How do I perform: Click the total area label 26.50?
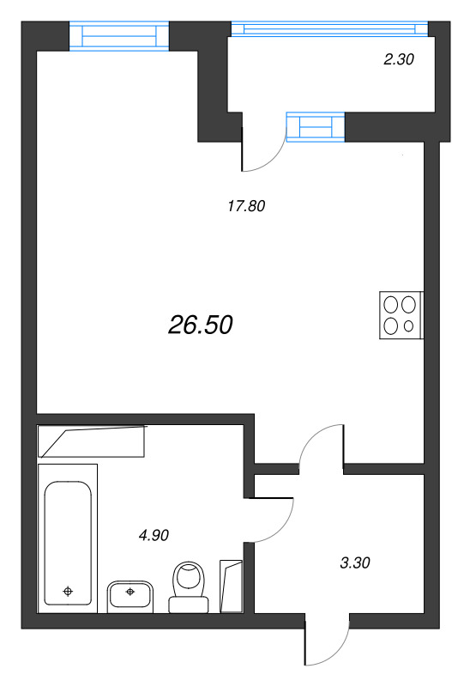(201, 325)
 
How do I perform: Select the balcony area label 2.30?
(398, 60)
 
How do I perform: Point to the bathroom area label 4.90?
(154, 535)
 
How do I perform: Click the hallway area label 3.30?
(355, 563)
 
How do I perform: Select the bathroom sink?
(130, 594)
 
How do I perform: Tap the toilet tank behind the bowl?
(189, 604)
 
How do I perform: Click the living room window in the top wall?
(118, 36)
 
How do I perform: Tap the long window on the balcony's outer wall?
(328, 29)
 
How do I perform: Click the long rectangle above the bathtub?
(92, 441)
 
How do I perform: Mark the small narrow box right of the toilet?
(232, 586)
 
